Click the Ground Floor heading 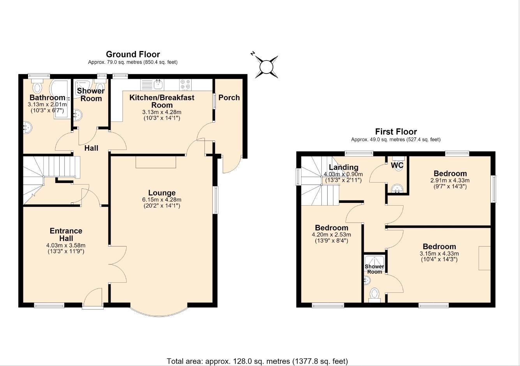(133, 54)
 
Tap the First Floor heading (396, 132)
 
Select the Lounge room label (162, 193)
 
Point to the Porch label (229, 97)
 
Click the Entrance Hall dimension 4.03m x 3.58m (66, 245)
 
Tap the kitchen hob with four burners (185, 85)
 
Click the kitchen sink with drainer (152, 85)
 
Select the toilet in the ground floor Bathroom (37, 86)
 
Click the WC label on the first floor (397, 165)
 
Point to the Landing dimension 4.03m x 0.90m (343, 174)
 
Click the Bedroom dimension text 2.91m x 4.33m (450, 180)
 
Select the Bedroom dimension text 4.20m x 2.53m (331, 235)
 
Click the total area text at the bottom (257, 361)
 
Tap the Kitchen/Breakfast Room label (162, 101)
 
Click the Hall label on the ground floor (91, 148)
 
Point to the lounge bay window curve (159, 316)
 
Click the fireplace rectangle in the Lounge (156, 162)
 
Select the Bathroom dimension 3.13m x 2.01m (48, 104)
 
